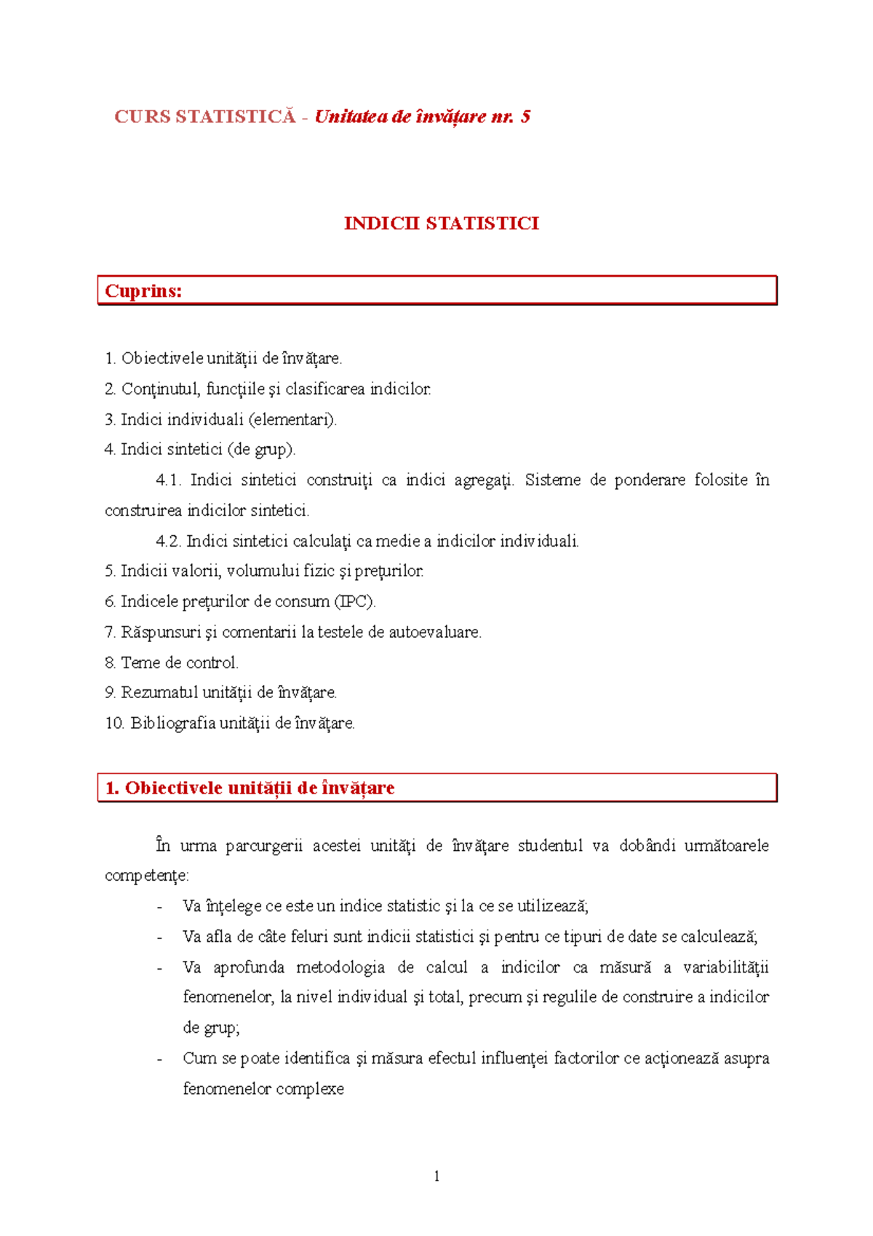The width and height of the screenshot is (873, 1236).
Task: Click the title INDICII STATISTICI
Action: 442,223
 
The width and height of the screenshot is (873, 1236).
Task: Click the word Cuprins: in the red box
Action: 143,291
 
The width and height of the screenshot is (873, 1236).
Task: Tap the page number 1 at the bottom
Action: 436,1176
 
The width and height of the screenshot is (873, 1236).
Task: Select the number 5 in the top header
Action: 525,116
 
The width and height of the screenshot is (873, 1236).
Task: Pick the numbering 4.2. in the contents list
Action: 169,542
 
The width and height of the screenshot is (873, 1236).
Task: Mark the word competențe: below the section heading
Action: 147,876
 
